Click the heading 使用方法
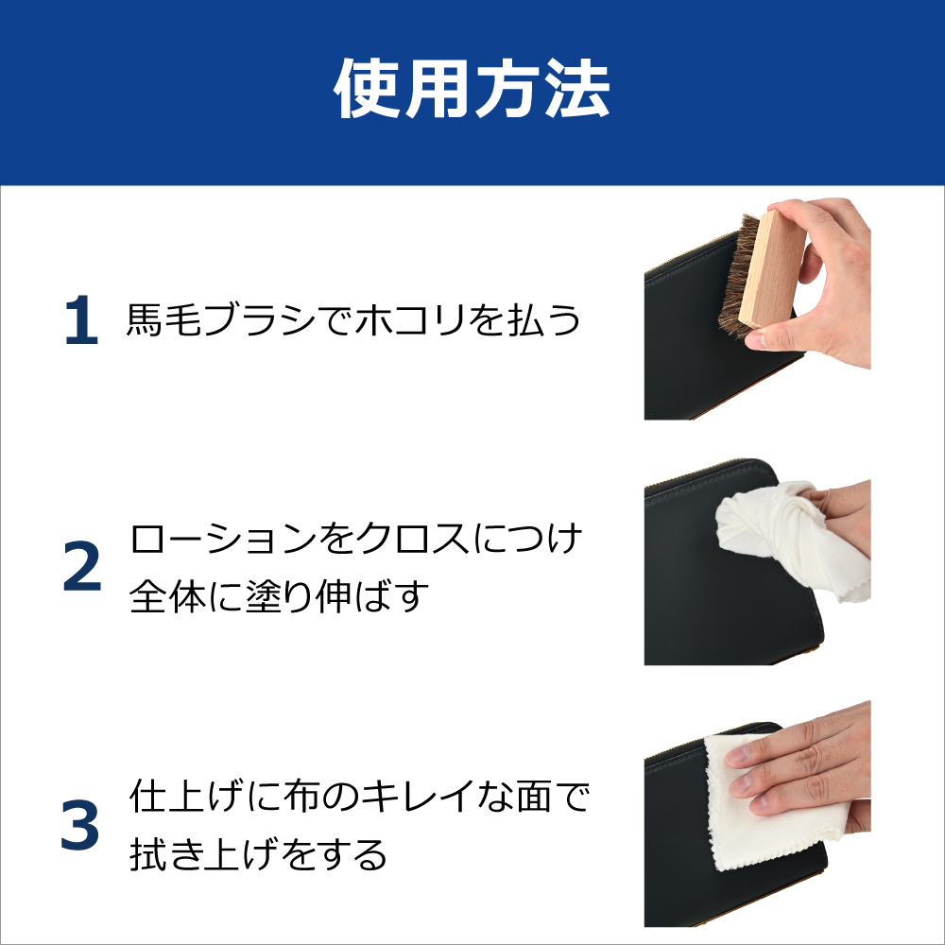(472, 92)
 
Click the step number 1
(81, 322)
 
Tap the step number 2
(81, 568)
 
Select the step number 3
(80, 825)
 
